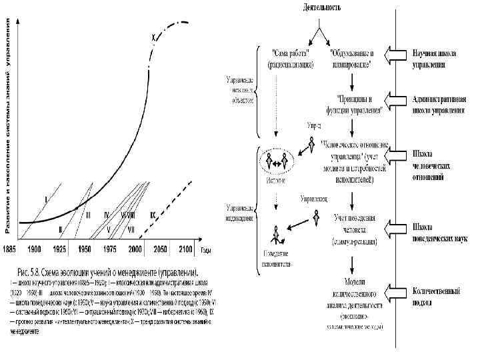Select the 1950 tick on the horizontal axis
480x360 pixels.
[85, 248]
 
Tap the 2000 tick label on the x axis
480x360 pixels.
[135, 248]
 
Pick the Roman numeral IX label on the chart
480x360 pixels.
[153, 214]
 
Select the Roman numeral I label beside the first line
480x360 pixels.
[45, 199]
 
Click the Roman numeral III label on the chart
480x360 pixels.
[87, 214]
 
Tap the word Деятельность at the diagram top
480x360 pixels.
[321, 8]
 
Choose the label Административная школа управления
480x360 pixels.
[439, 105]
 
